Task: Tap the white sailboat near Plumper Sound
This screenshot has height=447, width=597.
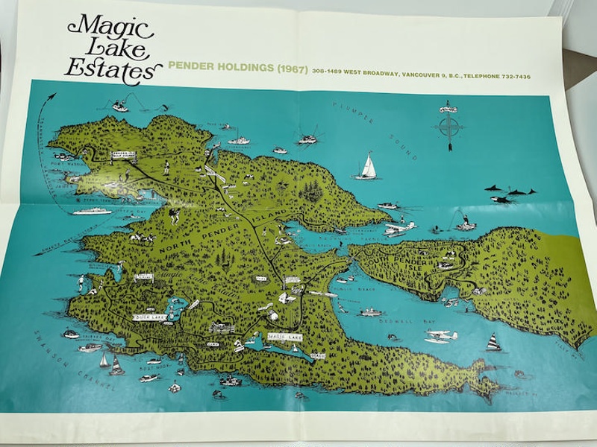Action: tap(366, 166)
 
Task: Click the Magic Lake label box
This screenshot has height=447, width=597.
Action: tap(281, 336)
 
